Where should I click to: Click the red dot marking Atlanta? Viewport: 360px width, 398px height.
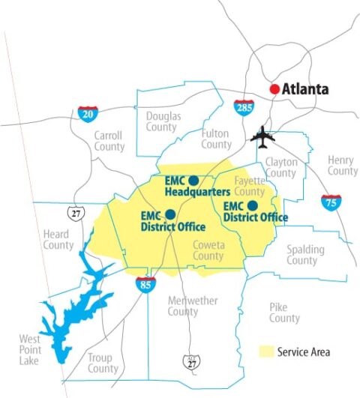click(x=275, y=89)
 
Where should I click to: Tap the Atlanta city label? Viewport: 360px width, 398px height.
click(x=305, y=89)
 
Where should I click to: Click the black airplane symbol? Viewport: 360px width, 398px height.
click(x=262, y=137)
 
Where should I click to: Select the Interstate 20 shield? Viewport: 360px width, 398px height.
click(x=88, y=114)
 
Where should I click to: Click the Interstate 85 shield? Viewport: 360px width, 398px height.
click(x=145, y=284)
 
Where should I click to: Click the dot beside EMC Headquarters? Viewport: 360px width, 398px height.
click(x=193, y=181)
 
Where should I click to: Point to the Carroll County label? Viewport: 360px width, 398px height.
click(x=109, y=141)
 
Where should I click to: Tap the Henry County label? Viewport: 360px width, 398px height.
click(x=342, y=166)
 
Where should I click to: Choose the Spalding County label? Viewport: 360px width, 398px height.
click(x=301, y=255)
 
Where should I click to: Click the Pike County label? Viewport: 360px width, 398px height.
click(x=284, y=313)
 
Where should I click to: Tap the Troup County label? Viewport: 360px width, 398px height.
click(x=103, y=363)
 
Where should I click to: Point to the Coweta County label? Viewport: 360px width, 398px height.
click(x=208, y=250)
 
